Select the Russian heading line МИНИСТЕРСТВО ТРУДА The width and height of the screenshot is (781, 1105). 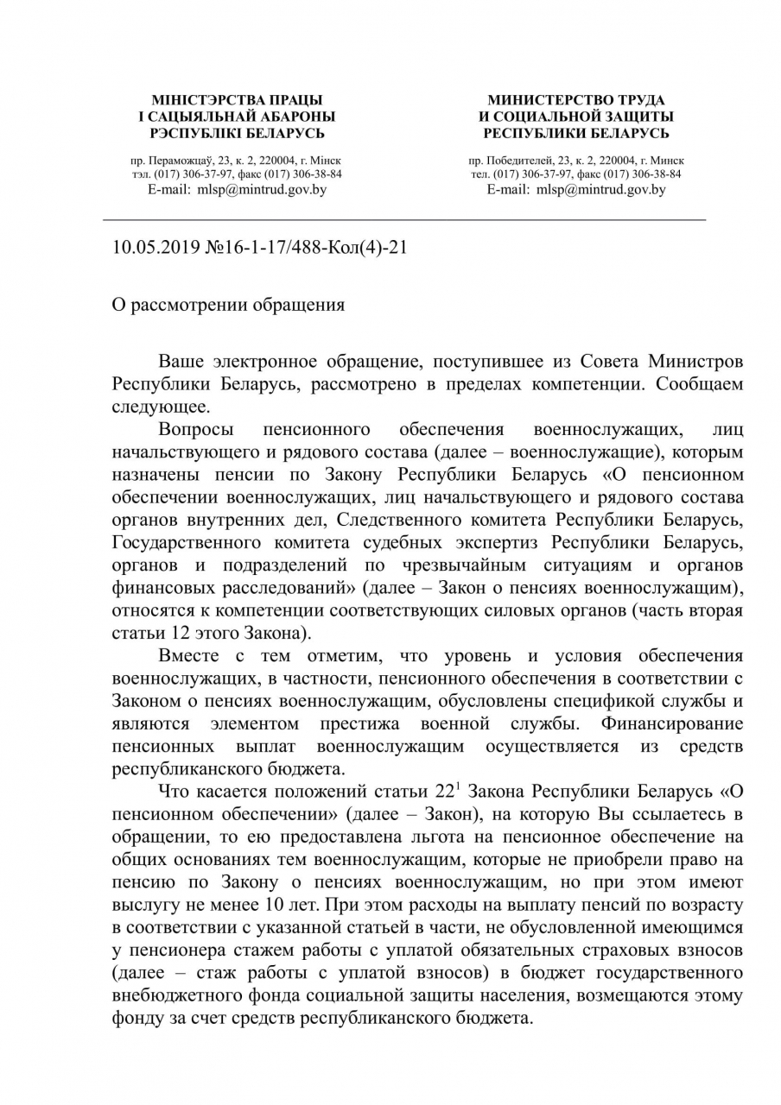coord(576,101)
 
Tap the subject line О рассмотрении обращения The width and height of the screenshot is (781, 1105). coord(228,305)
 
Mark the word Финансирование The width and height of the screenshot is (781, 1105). coord(671,723)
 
